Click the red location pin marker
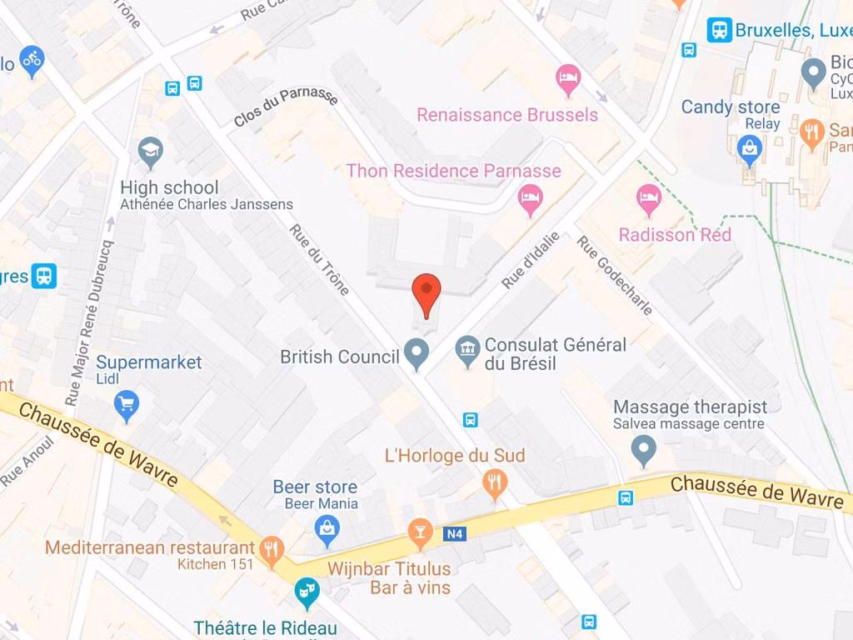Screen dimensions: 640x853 pyautogui.click(x=426, y=293)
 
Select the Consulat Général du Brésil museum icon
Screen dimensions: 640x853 pyautogui.click(x=467, y=353)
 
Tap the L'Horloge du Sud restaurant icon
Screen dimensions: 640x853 pyautogui.click(x=495, y=482)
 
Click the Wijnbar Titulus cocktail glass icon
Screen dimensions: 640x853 pyautogui.click(x=420, y=533)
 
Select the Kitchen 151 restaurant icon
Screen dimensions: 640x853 pyautogui.click(x=272, y=549)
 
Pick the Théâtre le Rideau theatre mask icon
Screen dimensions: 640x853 pyautogui.click(x=307, y=592)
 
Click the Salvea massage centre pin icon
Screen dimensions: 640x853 pyautogui.click(x=643, y=451)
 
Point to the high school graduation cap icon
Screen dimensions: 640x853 pyautogui.click(x=151, y=152)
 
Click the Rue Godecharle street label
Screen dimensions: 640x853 pyautogui.click(x=615, y=276)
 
